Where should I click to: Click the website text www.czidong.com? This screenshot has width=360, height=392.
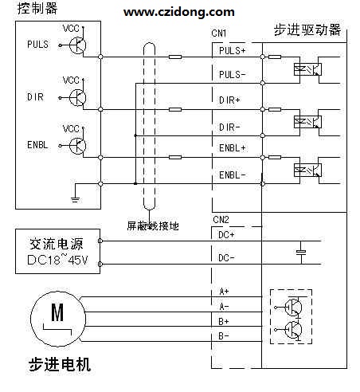coord(179,12)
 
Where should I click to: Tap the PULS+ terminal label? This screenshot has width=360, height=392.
coord(233,50)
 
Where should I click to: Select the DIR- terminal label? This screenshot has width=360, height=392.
coord(229,127)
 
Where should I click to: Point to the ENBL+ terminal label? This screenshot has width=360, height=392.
coord(233,148)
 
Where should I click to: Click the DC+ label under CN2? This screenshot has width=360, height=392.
coord(226,235)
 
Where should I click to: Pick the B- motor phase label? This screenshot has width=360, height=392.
coord(224,336)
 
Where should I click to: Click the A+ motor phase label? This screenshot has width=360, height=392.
coord(224,292)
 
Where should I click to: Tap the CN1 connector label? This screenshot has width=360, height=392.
coord(219,33)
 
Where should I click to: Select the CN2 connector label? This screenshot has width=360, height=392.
coord(221,220)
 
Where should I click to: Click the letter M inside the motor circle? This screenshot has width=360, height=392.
coord(57,312)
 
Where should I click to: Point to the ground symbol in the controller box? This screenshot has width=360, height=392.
coord(75,199)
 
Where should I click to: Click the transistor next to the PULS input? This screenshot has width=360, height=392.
coord(77,45)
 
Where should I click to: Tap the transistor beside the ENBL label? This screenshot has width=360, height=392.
coord(77,146)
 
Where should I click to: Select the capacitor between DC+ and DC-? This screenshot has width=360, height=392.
coord(301,252)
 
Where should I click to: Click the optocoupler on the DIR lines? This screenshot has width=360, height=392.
coord(307,122)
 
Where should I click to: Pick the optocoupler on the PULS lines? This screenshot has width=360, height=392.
coord(307,69)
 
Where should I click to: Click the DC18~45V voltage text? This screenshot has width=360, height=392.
coord(57,260)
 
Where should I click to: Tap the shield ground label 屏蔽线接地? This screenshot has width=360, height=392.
coord(153,226)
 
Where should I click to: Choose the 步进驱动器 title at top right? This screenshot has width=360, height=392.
coord(307,29)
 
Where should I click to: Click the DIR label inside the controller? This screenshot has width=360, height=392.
coord(35,97)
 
